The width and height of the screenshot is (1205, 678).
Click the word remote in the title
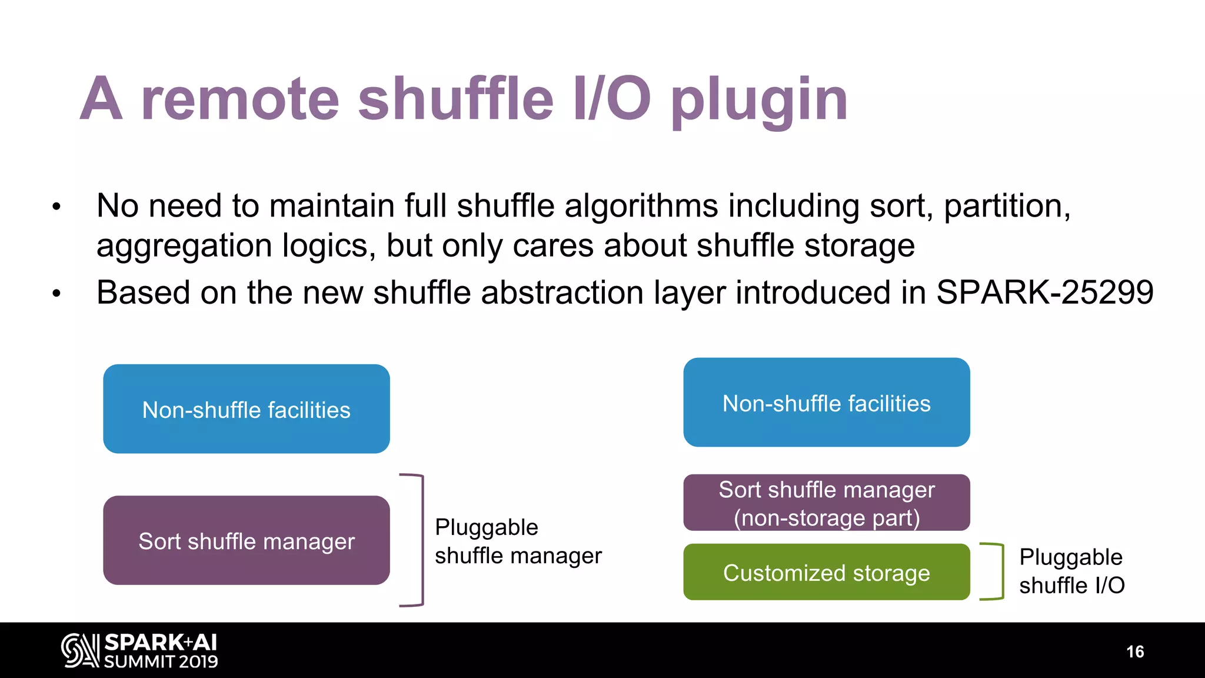(x=240, y=100)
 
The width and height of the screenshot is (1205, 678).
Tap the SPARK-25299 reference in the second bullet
(x=1044, y=293)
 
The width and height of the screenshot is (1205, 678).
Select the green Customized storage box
(x=826, y=572)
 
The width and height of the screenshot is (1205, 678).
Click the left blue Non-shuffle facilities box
(x=246, y=409)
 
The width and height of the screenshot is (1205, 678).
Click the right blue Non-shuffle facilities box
(x=826, y=403)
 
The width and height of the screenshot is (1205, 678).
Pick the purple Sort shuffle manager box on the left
(x=246, y=540)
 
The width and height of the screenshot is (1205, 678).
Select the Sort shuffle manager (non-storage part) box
(x=826, y=503)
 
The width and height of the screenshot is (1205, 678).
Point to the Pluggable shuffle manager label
(x=518, y=541)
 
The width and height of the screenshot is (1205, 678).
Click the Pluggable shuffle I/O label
(x=1071, y=571)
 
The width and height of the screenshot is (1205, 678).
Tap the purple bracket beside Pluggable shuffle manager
(x=421, y=540)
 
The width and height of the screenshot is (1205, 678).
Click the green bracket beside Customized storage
(x=1001, y=571)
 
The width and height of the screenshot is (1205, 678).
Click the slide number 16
(x=1134, y=652)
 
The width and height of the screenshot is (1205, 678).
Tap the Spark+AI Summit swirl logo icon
(x=80, y=650)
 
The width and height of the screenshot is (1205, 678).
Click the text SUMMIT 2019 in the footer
(x=161, y=662)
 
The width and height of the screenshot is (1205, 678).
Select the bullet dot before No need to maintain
(x=56, y=207)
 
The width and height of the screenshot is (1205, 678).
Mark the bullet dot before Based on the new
(x=56, y=293)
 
